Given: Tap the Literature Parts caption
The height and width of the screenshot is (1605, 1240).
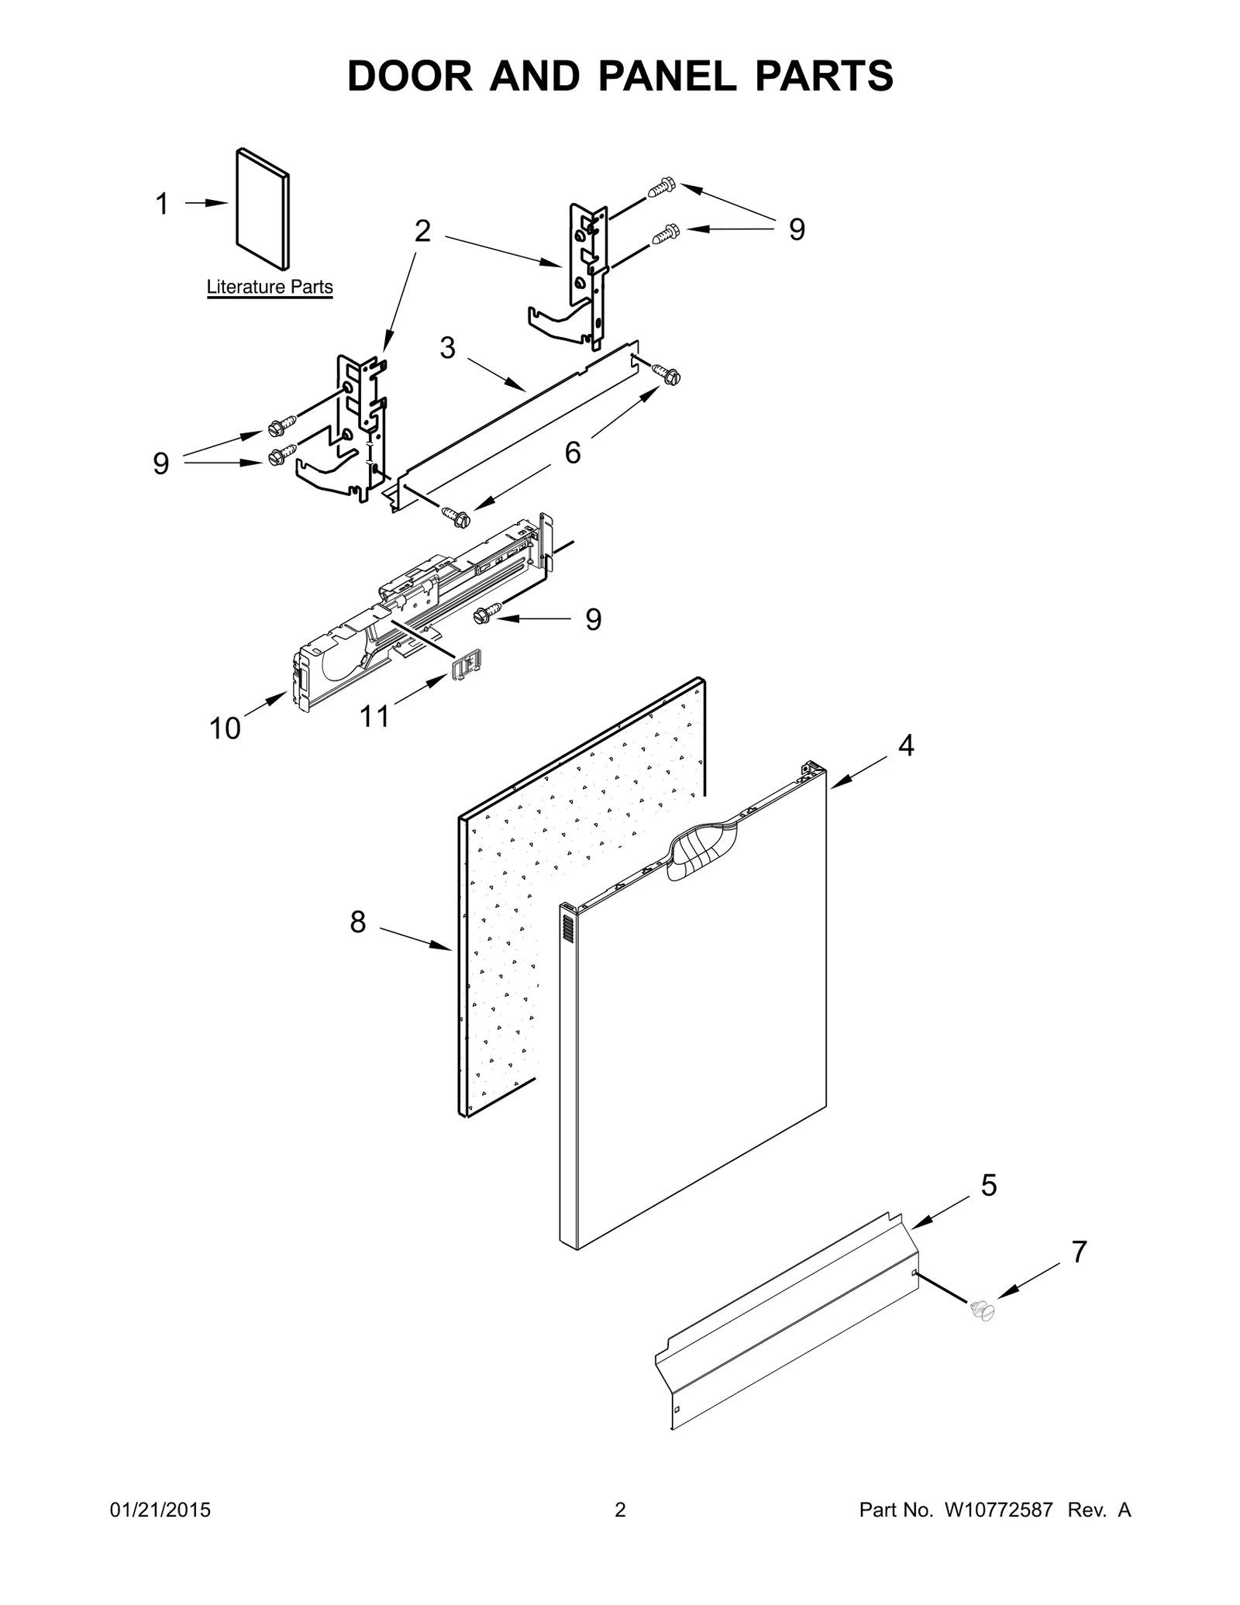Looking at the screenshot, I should [x=270, y=288].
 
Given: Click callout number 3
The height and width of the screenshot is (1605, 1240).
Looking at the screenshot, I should [x=447, y=348].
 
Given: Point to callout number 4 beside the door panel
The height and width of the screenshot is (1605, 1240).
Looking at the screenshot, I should [x=906, y=746].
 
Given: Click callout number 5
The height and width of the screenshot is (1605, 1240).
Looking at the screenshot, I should [x=989, y=1186].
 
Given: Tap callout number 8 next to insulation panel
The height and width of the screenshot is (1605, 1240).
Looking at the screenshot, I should [x=357, y=922].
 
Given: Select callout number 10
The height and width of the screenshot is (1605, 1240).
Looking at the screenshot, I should [x=226, y=728].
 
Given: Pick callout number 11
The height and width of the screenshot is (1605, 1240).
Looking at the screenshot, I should [x=375, y=716].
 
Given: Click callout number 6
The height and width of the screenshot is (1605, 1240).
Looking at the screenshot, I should [x=572, y=453].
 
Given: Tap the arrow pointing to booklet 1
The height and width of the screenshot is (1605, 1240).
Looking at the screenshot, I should [x=205, y=203].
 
